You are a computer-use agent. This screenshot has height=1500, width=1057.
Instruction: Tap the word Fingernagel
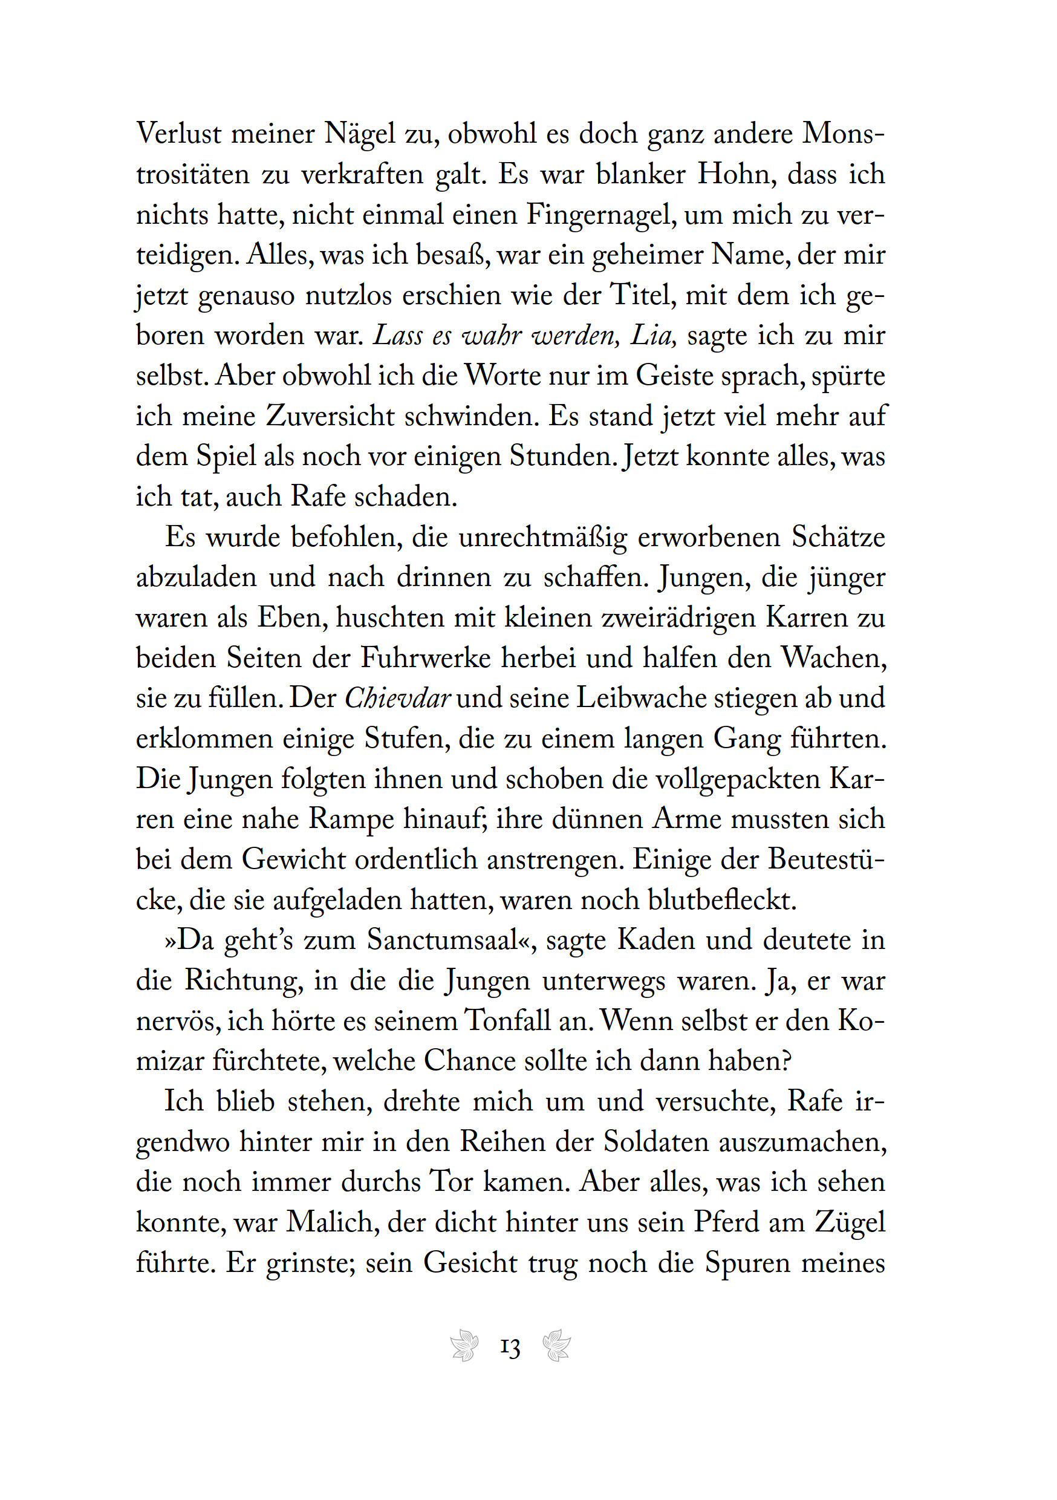pyautogui.click(x=600, y=215)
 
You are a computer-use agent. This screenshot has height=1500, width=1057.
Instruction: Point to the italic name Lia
pyautogui.click(x=651, y=336)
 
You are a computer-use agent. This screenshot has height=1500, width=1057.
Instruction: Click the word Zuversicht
pyautogui.click(x=330, y=417)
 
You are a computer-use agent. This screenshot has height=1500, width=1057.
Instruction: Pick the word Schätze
pyautogui.click(x=838, y=538)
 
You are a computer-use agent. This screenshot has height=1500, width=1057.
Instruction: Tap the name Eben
pyautogui.click(x=292, y=618)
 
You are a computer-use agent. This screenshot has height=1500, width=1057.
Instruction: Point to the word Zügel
pyautogui.click(x=850, y=1222)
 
